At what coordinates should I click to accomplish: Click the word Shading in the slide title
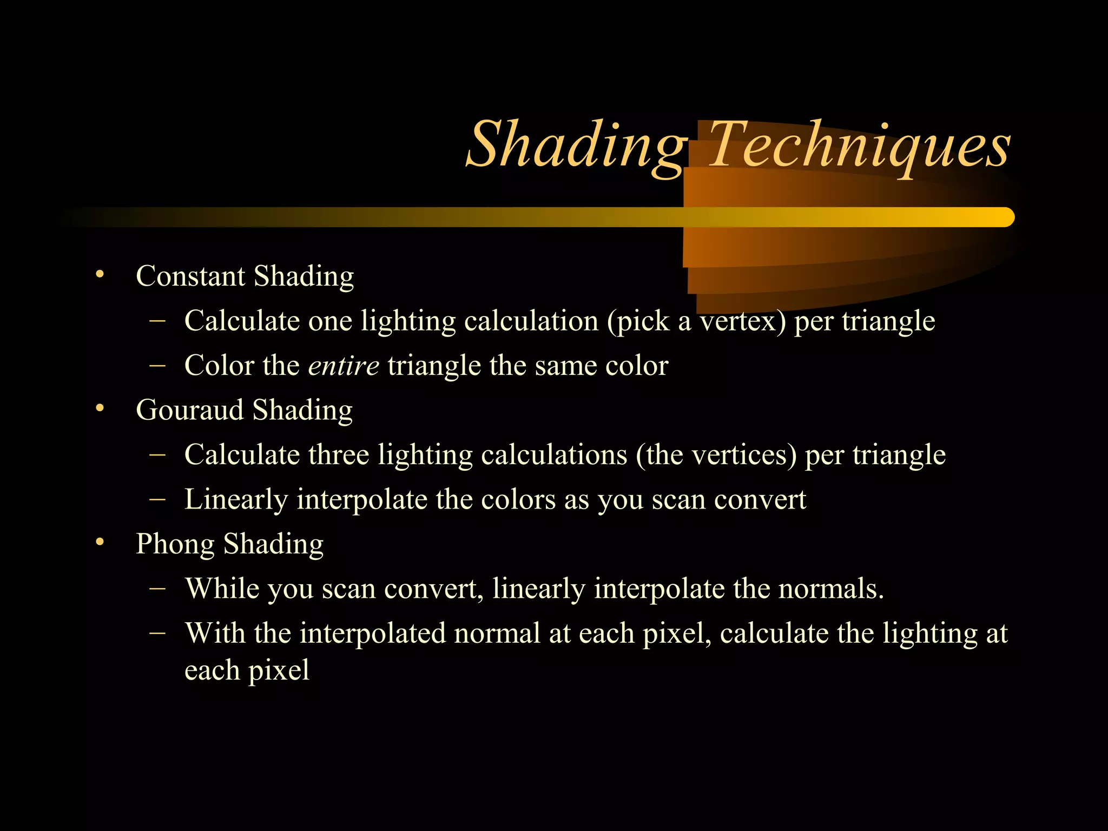576,145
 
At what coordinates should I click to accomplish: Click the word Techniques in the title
859,145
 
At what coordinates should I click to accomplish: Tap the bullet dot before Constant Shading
99,274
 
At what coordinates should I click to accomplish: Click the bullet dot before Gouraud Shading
99,408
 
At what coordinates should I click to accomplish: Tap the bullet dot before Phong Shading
99,542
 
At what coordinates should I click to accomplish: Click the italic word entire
344,366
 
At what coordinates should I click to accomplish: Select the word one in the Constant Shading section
330,321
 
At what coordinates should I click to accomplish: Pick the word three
339,454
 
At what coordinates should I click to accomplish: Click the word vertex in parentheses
738,321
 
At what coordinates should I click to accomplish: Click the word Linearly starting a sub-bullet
236,499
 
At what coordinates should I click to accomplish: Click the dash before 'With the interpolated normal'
157,632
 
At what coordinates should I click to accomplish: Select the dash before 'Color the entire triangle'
157,365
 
